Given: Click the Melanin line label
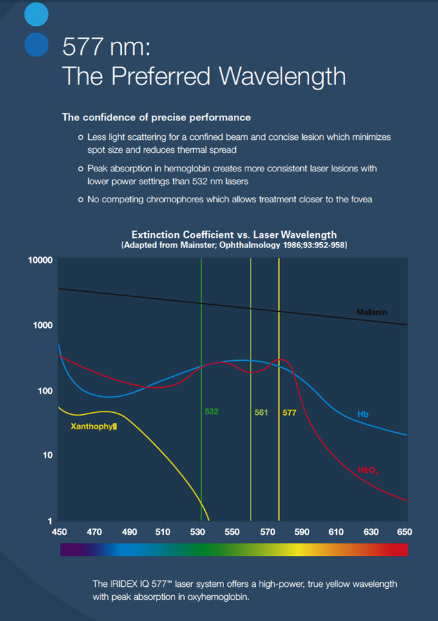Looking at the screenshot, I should click(x=372, y=312).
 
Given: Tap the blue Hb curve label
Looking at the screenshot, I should click(x=363, y=414).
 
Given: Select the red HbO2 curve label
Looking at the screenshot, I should click(x=368, y=471).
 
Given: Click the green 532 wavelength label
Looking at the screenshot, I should click(x=212, y=411).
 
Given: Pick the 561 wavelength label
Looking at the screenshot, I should click(x=261, y=412).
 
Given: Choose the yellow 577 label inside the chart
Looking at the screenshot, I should click(x=289, y=412).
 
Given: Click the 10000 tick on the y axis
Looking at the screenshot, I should click(x=39, y=260).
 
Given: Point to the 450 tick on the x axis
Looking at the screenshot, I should click(x=59, y=532).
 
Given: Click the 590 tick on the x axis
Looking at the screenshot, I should click(x=301, y=532).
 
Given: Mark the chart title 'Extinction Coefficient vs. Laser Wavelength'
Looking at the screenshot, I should click(x=234, y=234).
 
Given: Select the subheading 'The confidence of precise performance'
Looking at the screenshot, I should click(x=157, y=117).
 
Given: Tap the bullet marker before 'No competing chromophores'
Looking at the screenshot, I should click(x=81, y=200).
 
